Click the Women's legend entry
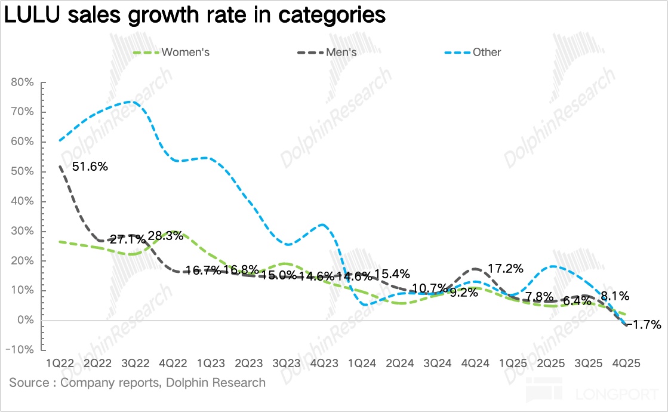click(185, 52)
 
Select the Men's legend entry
click(341, 52)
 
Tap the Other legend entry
click(487, 52)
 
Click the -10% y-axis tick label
click(21, 350)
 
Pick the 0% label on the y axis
click(27, 321)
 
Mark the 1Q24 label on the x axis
click(361, 363)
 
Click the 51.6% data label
click(90, 167)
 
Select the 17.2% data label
click(507, 269)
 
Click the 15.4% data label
click(392, 274)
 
